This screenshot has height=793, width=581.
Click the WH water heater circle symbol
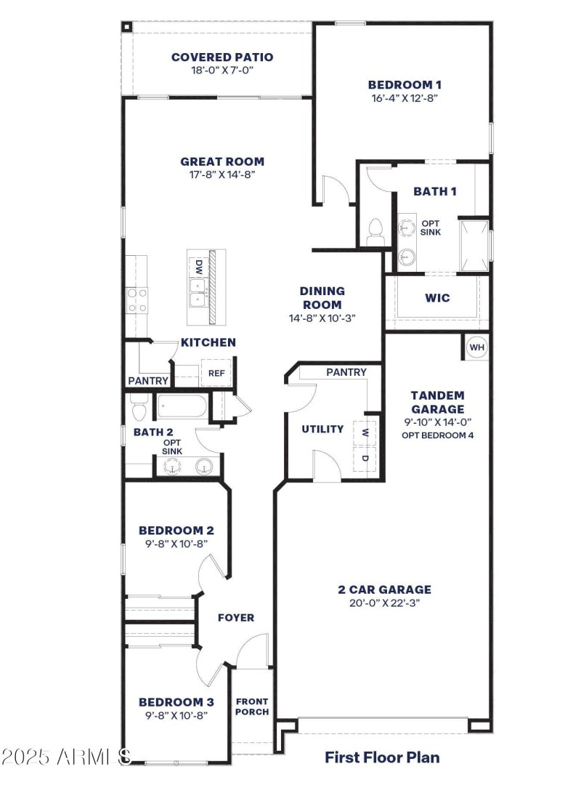click(x=476, y=347)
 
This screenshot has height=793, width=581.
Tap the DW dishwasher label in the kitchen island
click(x=198, y=267)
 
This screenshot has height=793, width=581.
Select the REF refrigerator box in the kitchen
click(x=216, y=373)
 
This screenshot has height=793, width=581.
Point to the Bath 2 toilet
click(x=139, y=409)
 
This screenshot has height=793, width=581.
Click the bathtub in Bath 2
click(x=181, y=406)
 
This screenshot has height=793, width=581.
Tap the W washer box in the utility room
click(x=365, y=432)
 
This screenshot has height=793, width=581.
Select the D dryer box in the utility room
click(x=365, y=459)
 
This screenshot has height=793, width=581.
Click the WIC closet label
click(x=436, y=298)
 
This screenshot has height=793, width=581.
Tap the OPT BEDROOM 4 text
click(x=437, y=435)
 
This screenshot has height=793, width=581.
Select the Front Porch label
click(x=252, y=707)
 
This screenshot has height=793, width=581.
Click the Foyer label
click(x=236, y=618)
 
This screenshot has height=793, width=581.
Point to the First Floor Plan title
click(x=382, y=757)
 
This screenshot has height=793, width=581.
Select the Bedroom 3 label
click(x=176, y=702)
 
